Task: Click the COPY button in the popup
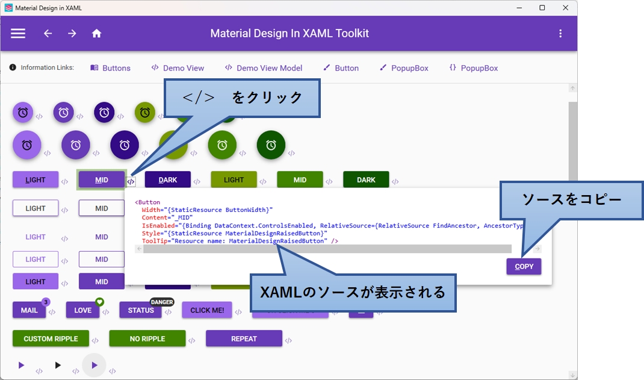tap(524, 266)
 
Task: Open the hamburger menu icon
tap(18, 34)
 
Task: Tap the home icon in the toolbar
tap(96, 34)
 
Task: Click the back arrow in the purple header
tap(48, 34)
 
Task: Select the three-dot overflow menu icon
tap(560, 34)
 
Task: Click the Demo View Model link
tap(263, 68)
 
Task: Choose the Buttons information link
tap(110, 68)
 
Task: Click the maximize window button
tap(542, 8)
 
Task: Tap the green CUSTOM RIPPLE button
tap(51, 338)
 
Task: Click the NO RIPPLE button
tap(147, 338)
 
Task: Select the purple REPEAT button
tap(244, 338)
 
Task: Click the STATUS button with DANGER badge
tap(140, 310)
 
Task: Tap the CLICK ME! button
tap(207, 310)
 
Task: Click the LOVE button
tap(82, 310)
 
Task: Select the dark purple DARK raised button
tap(167, 179)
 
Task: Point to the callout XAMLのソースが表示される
tap(353, 293)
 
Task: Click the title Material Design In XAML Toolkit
tap(289, 34)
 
